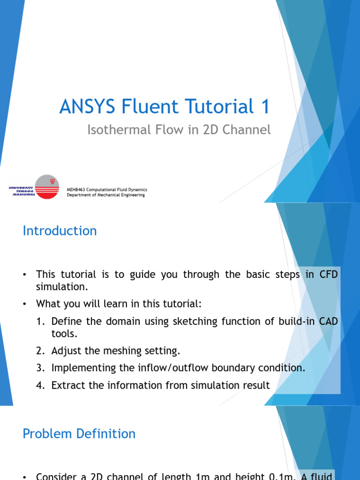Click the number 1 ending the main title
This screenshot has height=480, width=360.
(265, 107)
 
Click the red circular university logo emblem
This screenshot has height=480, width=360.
(47, 187)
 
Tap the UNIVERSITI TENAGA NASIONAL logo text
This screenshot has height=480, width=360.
(22, 191)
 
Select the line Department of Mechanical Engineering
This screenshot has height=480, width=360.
(106, 195)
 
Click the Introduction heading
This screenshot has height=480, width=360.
(60, 231)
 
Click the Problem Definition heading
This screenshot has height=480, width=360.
(79, 434)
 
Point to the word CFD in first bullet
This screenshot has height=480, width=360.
(328, 275)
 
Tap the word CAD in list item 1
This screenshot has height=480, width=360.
(327, 322)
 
